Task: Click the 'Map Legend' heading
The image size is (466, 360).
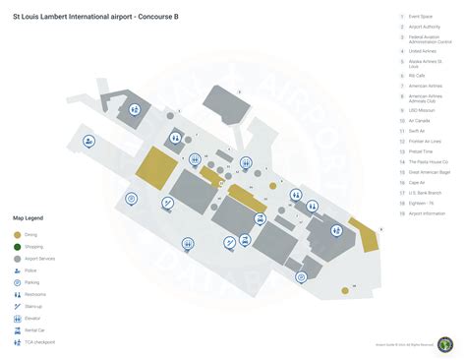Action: (28, 217)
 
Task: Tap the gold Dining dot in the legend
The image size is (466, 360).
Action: (18, 234)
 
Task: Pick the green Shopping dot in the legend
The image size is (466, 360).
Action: (18, 246)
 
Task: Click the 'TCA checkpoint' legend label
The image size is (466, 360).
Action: (40, 341)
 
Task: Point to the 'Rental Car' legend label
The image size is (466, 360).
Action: (35, 330)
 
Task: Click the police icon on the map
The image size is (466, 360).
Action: (88, 142)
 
